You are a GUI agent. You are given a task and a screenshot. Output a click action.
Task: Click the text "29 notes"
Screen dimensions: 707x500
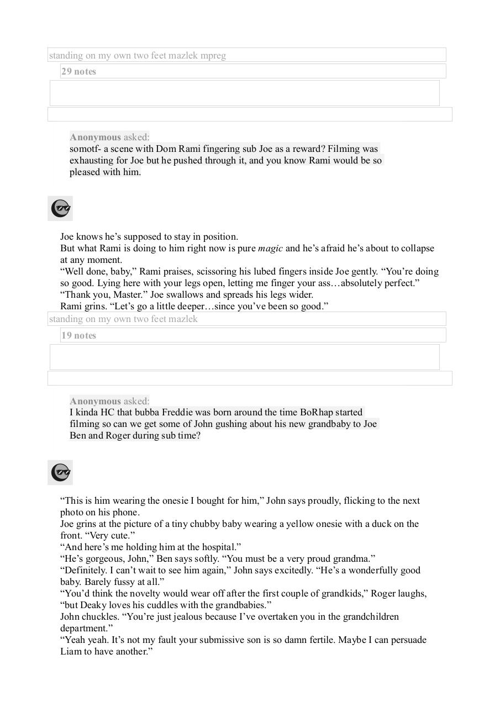78,71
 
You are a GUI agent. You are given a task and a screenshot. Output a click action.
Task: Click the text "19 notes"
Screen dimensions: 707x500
78,335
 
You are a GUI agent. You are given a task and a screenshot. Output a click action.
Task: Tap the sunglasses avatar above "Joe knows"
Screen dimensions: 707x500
60,208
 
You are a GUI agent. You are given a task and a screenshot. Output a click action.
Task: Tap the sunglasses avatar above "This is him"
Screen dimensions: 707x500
60,472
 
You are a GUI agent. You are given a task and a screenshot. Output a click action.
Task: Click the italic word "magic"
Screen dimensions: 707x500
270,249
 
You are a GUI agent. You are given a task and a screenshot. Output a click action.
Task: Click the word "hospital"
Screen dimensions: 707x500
219,547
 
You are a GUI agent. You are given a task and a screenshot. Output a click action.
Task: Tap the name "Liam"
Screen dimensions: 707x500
70,652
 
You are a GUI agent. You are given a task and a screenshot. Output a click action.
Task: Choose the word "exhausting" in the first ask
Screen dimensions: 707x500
91,161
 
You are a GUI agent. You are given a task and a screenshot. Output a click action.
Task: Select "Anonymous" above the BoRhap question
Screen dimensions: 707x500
95,402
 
